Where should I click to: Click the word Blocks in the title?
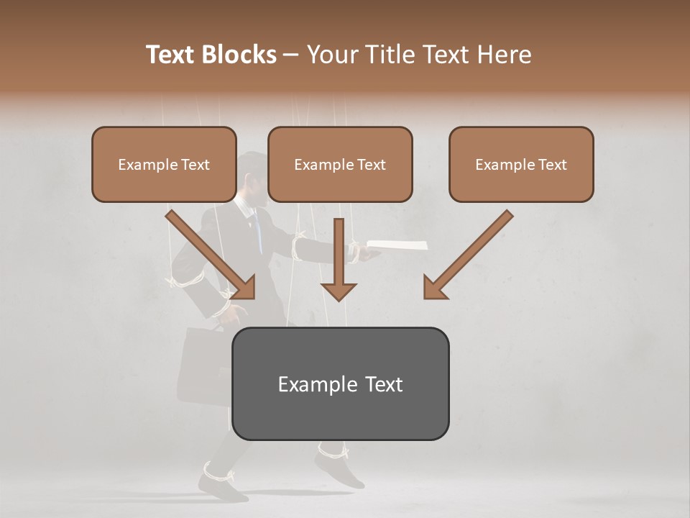239,55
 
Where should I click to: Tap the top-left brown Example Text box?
164,165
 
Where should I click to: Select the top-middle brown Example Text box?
340,165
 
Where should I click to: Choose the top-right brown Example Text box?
521,165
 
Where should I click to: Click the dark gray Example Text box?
340,383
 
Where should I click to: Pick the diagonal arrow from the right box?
467,255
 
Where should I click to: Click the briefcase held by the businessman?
203,363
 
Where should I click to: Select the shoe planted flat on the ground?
221,488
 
